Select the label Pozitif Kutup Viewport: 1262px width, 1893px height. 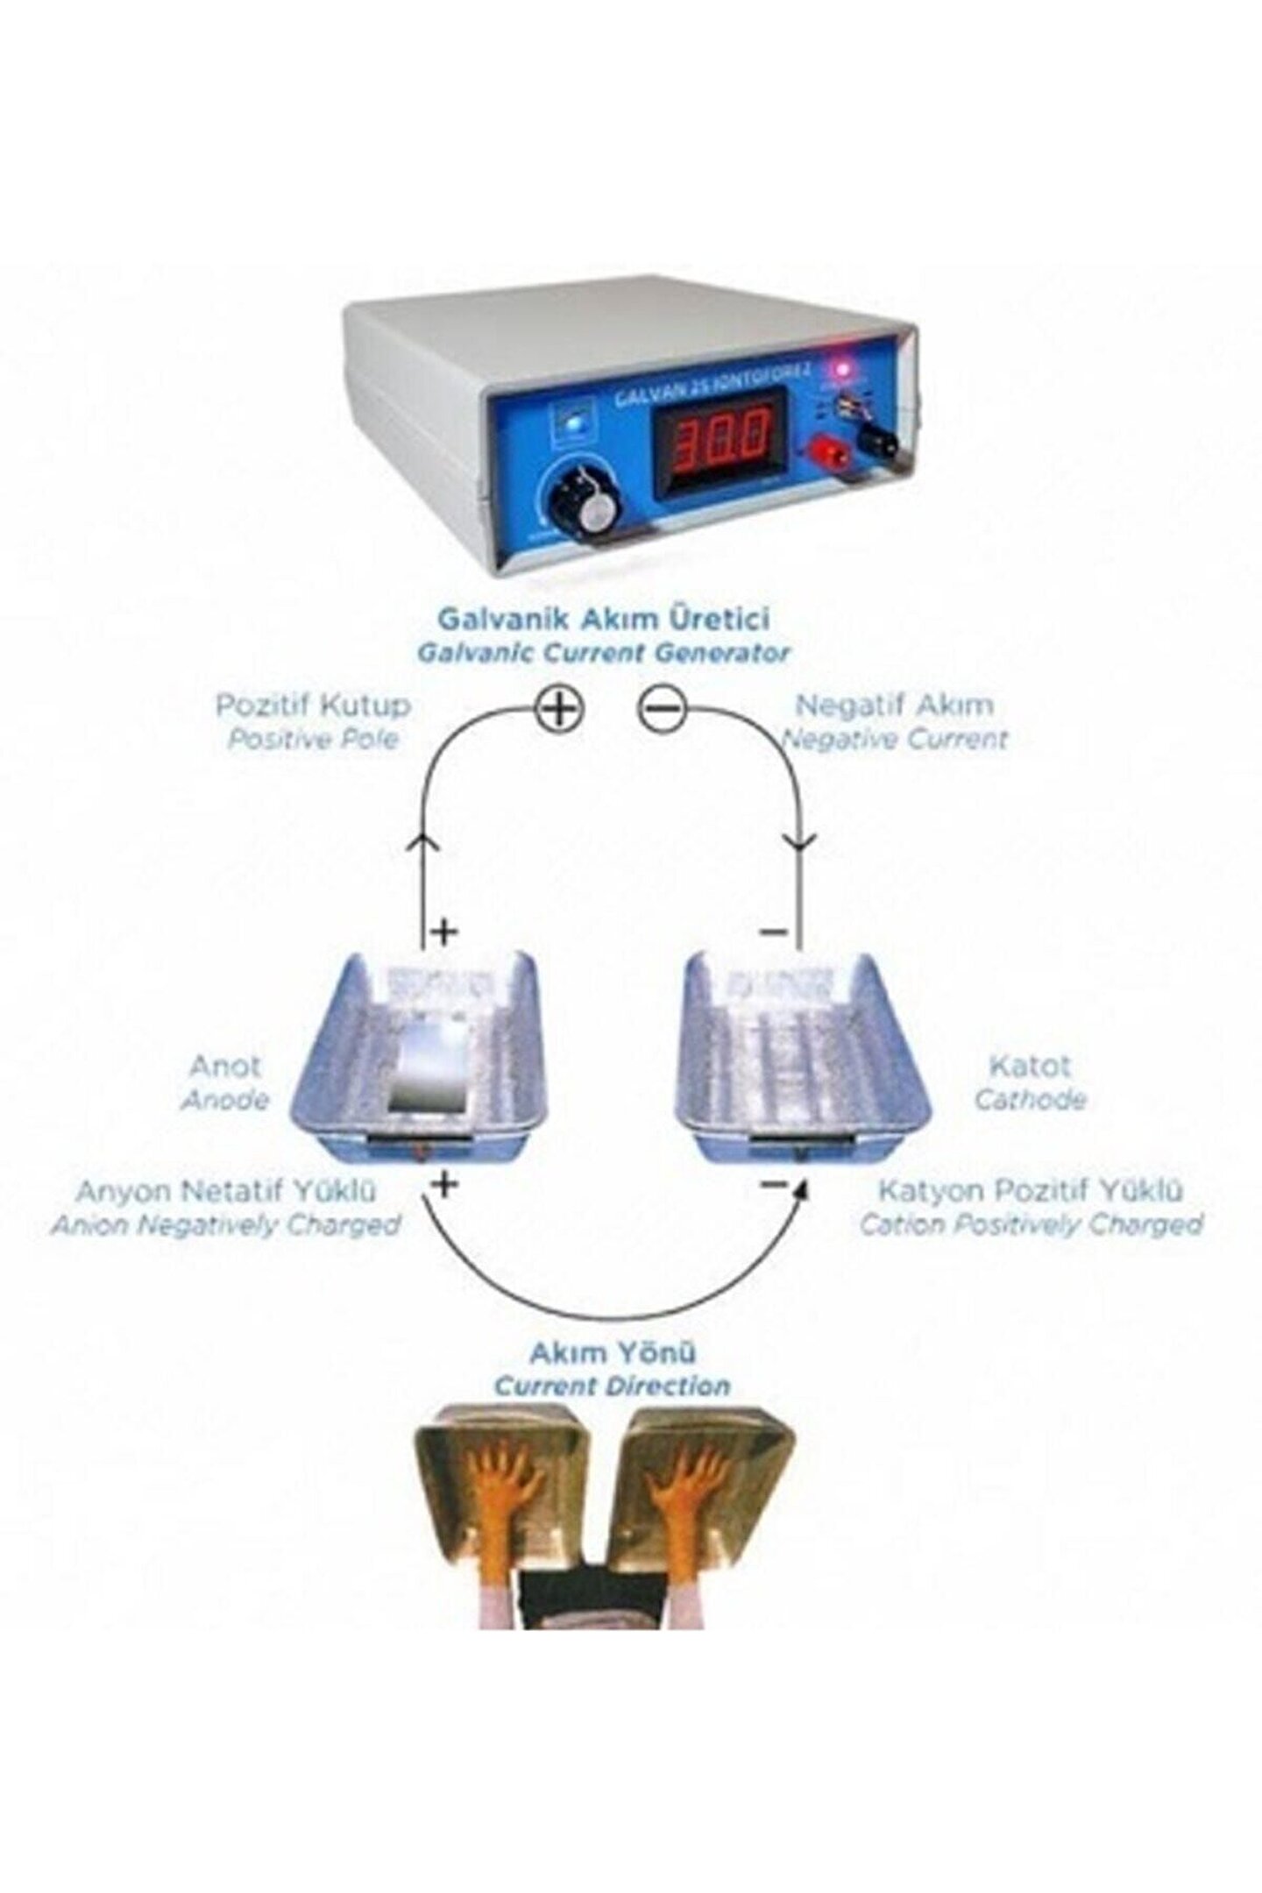tap(314, 705)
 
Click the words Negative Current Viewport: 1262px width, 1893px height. tap(894, 739)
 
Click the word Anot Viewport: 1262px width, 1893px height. tap(225, 1067)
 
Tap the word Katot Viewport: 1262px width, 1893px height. tap(1030, 1067)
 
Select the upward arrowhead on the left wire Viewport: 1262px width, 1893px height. tap(423, 843)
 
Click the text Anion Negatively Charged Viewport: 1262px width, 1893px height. tap(226, 1224)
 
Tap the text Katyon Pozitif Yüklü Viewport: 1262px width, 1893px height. tap(1031, 1191)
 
